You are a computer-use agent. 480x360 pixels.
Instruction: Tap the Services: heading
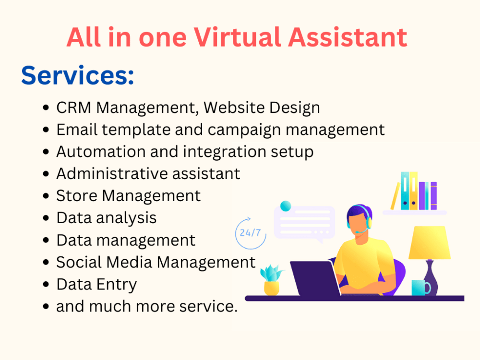tap(77, 75)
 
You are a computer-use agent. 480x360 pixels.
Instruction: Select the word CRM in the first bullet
tap(74, 108)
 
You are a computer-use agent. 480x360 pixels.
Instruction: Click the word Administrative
tap(114, 173)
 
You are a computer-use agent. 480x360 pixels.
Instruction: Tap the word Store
tap(77, 195)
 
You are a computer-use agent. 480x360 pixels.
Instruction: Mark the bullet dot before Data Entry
tap(46, 285)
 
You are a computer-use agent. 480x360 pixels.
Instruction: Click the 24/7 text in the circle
tap(251, 233)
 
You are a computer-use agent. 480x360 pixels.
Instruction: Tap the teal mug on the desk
tap(420, 288)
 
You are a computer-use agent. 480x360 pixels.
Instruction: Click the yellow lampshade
tap(429, 243)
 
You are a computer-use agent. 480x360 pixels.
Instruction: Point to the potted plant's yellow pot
tap(272, 288)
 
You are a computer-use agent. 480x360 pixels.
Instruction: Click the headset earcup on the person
tap(368, 223)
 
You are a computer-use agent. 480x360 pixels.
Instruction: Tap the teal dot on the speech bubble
tap(286, 206)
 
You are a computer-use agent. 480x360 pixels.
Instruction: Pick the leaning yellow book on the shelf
tap(395, 196)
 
